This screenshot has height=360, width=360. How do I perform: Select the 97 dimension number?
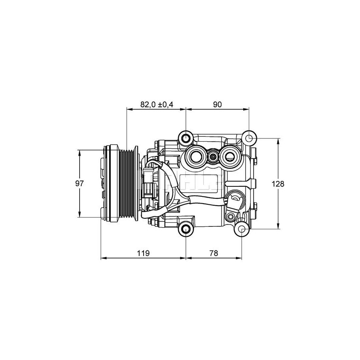(x=80, y=184)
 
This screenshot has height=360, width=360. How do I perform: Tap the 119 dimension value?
(x=143, y=253)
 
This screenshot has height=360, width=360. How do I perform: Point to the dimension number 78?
(x=214, y=253)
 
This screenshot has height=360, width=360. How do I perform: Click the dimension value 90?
(x=217, y=105)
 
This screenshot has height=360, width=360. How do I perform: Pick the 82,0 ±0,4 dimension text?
(x=156, y=105)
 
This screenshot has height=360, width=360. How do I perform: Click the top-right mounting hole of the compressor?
(x=248, y=138)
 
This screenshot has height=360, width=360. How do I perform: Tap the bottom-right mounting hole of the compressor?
(x=242, y=229)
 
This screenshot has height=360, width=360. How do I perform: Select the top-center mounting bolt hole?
(x=186, y=138)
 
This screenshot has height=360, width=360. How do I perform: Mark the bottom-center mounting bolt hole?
(x=186, y=229)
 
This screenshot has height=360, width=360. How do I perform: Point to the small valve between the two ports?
(x=214, y=157)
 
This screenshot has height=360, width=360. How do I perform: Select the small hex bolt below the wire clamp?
(x=230, y=217)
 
